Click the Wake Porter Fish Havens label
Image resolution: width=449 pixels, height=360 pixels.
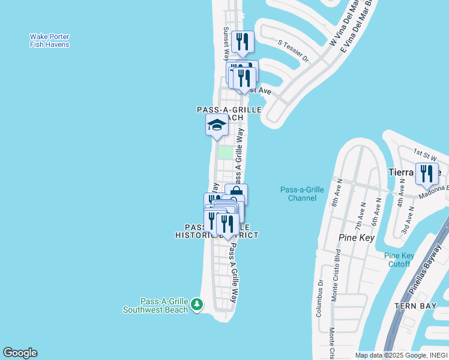click(x=49, y=40)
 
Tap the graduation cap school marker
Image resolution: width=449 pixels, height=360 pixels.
click(x=217, y=125)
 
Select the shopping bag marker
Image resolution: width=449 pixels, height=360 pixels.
click(x=237, y=193)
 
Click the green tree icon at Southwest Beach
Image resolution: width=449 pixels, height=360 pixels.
click(x=197, y=305)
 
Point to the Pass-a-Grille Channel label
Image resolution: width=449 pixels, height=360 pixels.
click(x=302, y=194)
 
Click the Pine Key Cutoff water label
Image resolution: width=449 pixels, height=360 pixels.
click(x=397, y=260)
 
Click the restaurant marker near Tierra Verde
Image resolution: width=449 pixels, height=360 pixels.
click(x=427, y=173)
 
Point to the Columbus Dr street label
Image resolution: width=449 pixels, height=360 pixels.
click(x=320, y=298)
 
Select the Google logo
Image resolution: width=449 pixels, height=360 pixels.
click(x=20, y=353)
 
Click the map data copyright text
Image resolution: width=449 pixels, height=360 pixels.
click(x=401, y=355)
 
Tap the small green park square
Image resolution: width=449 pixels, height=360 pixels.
click(x=225, y=152)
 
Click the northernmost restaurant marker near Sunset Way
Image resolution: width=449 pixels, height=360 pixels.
click(x=243, y=41)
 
